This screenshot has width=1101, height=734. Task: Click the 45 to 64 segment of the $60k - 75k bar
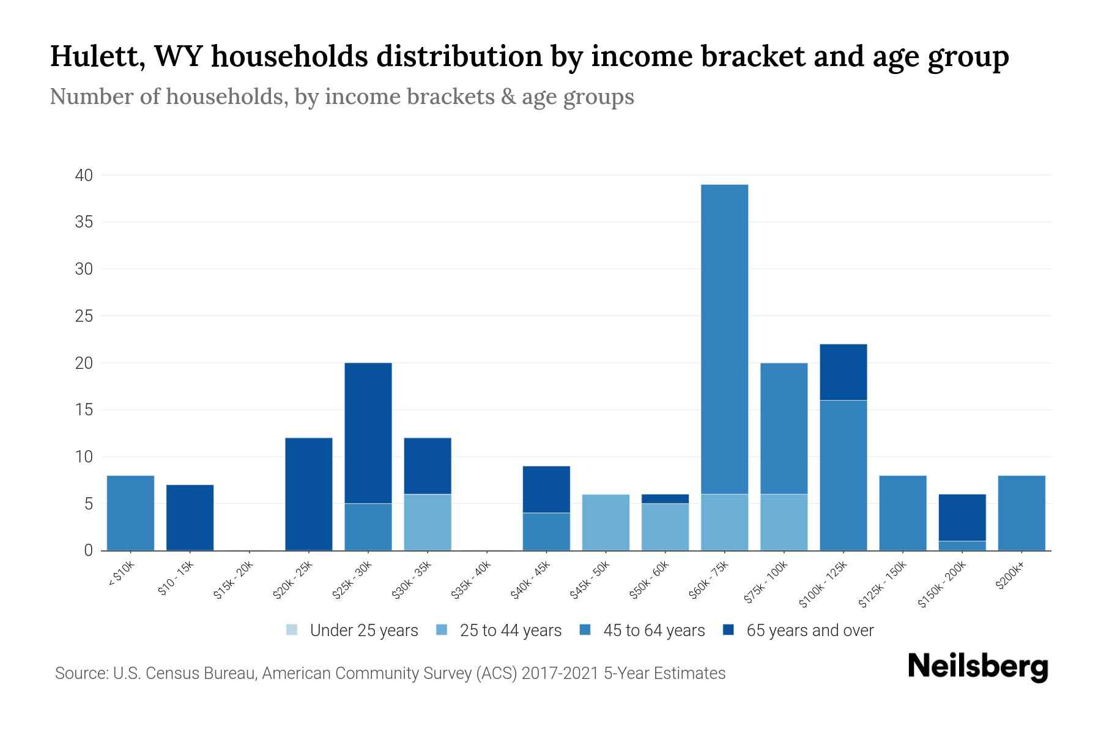[724, 339]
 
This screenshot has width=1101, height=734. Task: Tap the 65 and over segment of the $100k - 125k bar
[843, 372]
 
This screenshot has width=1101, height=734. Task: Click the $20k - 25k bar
[309, 494]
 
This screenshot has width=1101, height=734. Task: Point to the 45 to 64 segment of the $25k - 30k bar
[368, 527]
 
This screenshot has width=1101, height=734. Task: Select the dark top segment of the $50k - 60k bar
[665, 499]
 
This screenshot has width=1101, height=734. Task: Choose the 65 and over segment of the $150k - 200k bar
[962, 517]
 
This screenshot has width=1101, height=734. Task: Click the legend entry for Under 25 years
[352, 631]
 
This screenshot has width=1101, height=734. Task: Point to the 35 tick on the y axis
[84, 222]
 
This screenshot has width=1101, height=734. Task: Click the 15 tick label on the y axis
[84, 410]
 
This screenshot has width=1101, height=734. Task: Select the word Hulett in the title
[97, 56]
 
